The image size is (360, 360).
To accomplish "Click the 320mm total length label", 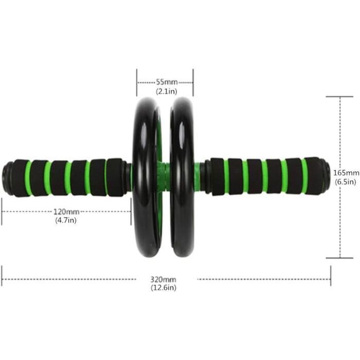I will click(x=164, y=279).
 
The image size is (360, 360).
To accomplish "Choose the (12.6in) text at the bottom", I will click(x=164, y=288).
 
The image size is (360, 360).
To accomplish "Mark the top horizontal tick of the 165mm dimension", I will click(x=339, y=96).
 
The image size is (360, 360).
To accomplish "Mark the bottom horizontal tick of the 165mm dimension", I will click(x=339, y=258).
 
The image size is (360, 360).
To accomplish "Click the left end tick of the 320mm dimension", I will click(x=2, y=276).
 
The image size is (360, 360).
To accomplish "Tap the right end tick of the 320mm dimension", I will click(x=331, y=276).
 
